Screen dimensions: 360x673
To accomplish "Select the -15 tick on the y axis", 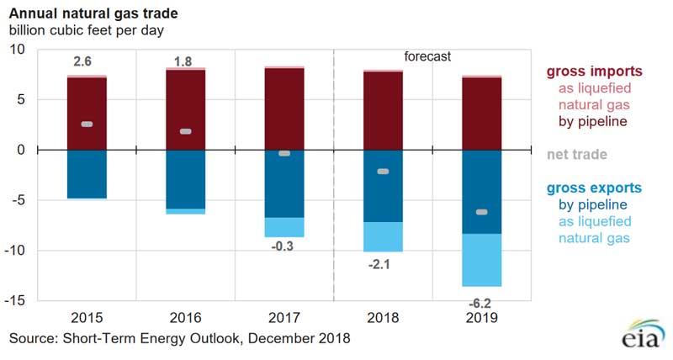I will [18, 300].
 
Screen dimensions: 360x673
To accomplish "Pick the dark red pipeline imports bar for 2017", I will [284, 109].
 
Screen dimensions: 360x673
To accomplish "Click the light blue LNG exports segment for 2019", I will [482, 260].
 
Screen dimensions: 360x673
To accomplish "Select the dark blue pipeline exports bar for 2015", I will [87, 174].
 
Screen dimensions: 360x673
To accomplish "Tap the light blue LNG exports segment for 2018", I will [383, 236].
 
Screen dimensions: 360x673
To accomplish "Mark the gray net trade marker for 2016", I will [185, 131].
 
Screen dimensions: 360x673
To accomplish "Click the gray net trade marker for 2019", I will [482, 212].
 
